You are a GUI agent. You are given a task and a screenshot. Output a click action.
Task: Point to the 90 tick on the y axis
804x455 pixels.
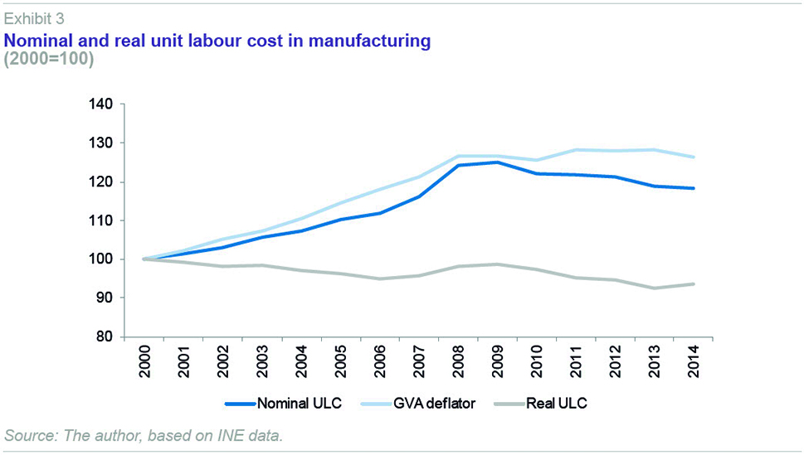coord(107,298)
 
